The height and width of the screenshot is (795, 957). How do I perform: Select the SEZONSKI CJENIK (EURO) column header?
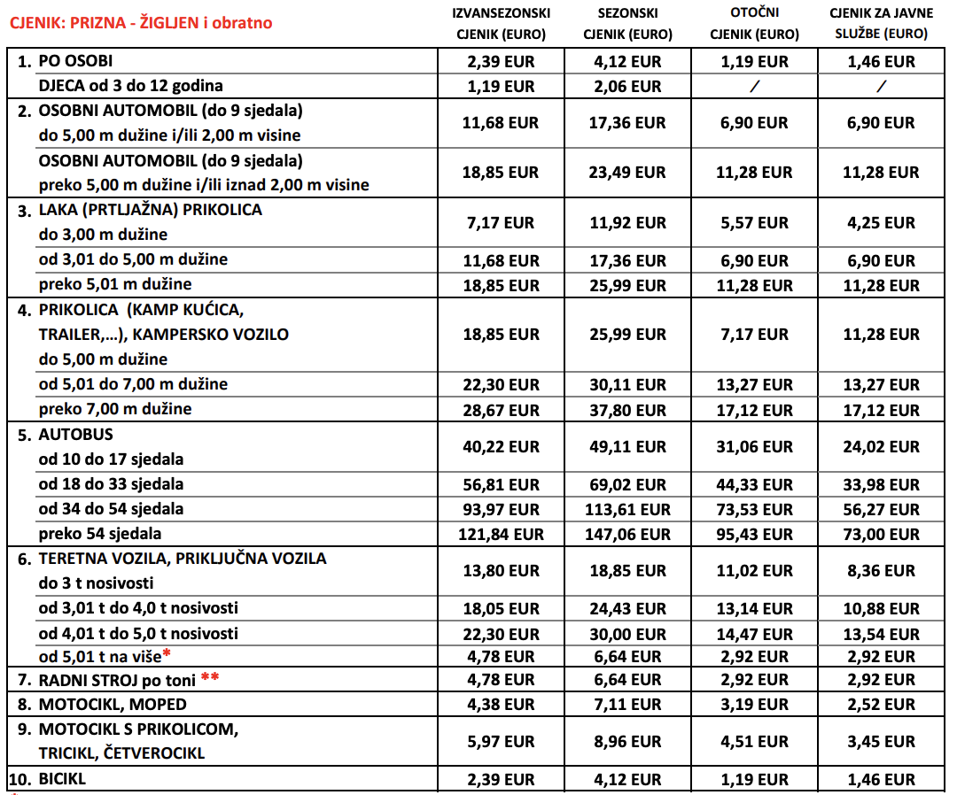(x=628, y=24)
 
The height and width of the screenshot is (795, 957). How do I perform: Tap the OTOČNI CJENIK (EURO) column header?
(x=753, y=24)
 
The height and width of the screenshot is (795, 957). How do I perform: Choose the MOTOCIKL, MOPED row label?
(x=113, y=705)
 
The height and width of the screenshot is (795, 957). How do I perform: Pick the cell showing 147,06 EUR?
(x=628, y=535)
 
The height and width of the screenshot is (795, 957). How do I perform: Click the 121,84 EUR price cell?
(x=500, y=535)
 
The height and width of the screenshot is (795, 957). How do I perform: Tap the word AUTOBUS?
(x=76, y=435)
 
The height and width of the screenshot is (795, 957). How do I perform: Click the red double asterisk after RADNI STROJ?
(x=210, y=677)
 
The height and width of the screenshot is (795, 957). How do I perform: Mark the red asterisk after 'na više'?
(x=166, y=653)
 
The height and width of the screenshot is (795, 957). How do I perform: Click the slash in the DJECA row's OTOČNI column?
(x=753, y=87)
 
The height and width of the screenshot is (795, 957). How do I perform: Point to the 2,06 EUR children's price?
(x=628, y=87)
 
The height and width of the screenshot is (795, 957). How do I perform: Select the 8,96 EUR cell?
(x=628, y=742)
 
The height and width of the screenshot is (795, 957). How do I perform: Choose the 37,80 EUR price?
(x=628, y=411)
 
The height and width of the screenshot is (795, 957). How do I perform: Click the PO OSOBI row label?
(x=75, y=62)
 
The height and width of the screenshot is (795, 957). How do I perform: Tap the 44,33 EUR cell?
(x=753, y=485)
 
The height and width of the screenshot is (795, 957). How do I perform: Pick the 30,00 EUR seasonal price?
(x=628, y=634)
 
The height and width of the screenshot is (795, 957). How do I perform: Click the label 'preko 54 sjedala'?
(x=100, y=535)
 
